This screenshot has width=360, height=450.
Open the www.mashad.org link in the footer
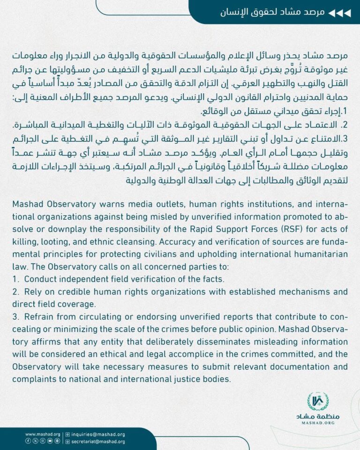click(x=43, y=435)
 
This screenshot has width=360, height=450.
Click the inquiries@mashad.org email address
click(x=98, y=435)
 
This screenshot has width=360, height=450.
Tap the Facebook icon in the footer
click(x=28, y=442)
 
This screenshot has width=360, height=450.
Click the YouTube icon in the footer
click(x=50, y=442)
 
